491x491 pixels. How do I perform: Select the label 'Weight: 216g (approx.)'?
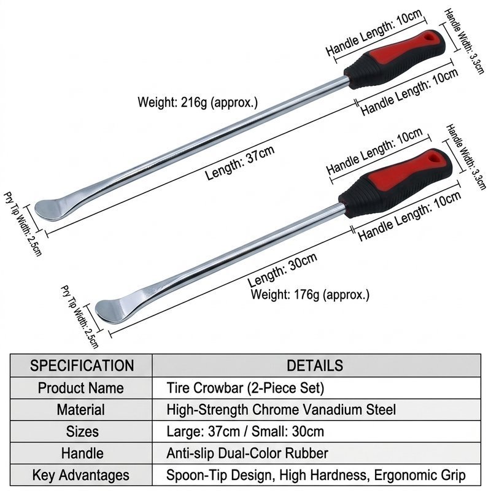click(x=198, y=102)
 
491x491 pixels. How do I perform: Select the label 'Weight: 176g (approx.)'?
click(x=310, y=295)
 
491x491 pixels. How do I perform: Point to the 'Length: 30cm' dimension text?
click(x=282, y=269)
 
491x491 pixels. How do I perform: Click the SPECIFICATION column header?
click(x=82, y=366)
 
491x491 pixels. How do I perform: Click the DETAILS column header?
click(x=315, y=366)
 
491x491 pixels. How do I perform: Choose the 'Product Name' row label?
click(x=81, y=388)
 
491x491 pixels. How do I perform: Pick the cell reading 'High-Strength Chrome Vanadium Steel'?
click(x=281, y=409)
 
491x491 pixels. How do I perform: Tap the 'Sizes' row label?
click(x=82, y=431)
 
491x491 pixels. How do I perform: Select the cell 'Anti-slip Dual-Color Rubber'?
click(x=247, y=453)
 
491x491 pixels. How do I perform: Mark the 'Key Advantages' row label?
click(x=81, y=475)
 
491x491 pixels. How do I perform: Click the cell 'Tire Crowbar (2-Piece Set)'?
click(x=245, y=388)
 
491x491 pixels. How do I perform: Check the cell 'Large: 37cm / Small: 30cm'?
click(x=245, y=431)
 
